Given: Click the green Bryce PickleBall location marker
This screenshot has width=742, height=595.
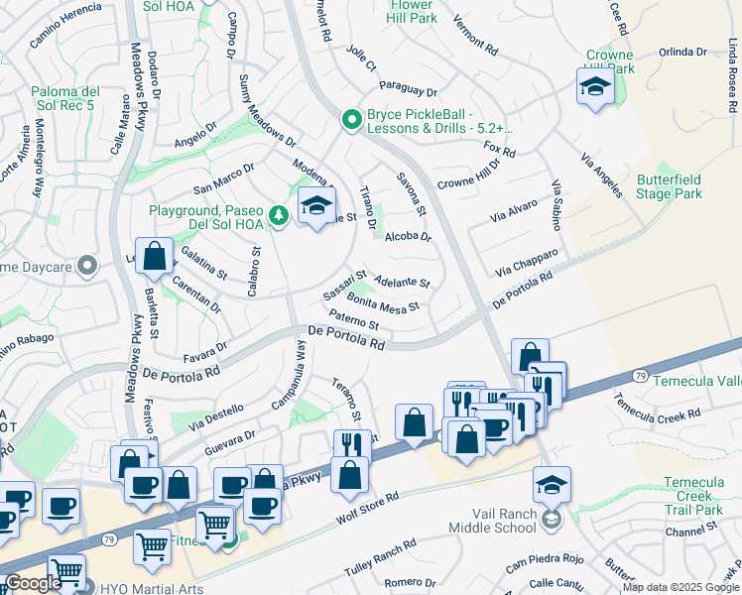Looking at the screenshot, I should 349,120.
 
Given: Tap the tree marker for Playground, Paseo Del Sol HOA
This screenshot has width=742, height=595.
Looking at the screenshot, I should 280,215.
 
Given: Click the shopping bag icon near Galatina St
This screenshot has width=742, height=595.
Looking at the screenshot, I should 156,257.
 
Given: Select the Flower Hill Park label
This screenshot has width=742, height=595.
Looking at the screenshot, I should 409,10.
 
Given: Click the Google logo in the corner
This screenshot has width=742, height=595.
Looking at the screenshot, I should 33,583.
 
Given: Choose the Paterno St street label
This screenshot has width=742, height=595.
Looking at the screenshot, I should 354,319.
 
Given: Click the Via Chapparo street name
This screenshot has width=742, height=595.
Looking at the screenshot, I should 528,263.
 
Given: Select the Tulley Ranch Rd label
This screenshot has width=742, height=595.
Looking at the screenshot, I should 380,559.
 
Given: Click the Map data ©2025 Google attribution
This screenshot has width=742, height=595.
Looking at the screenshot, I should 680,588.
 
